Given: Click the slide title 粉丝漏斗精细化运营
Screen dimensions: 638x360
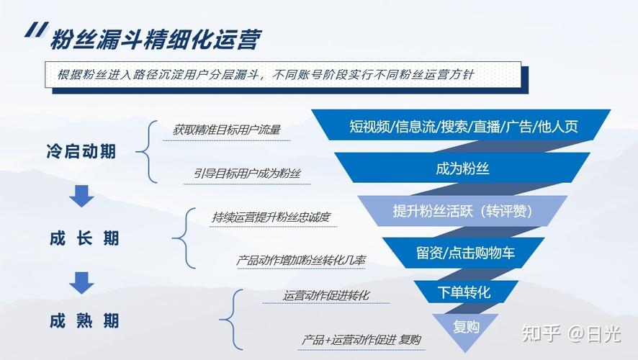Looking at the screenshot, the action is [x=155, y=40].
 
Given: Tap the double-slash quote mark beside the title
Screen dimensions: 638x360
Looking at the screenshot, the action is [x=37, y=30].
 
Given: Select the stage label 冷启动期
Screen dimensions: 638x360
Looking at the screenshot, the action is [x=81, y=151].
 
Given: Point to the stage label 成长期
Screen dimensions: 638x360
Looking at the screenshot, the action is [x=84, y=238].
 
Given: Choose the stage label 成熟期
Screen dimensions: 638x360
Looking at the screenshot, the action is [x=84, y=321].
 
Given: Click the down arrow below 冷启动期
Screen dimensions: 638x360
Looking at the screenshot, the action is [x=81, y=196].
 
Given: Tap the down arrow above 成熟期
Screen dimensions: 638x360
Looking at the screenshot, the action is [x=81, y=283].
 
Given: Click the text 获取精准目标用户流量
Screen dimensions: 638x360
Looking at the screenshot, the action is [x=227, y=130].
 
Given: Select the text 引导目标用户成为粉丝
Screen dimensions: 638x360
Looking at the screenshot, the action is [x=247, y=174].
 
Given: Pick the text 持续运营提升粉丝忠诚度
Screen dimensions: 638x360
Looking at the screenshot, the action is [x=271, y=217].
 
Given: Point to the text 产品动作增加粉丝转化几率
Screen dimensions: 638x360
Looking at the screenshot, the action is [x=301, y=261].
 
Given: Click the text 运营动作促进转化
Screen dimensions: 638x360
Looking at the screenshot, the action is [x=326, y=295].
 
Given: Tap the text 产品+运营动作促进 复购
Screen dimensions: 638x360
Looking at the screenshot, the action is [x=361, y=339].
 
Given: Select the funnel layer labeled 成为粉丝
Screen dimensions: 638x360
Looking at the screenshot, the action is [x=462, y=168].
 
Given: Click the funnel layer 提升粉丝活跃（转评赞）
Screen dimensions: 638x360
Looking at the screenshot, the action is [x=462, y=211].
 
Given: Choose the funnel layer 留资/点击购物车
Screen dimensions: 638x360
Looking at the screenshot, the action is [x=464, y=253].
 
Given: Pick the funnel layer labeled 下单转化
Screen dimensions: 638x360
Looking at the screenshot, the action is [x=464, y=292].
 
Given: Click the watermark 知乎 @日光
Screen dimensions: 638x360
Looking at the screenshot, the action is [x=571, y=333].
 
